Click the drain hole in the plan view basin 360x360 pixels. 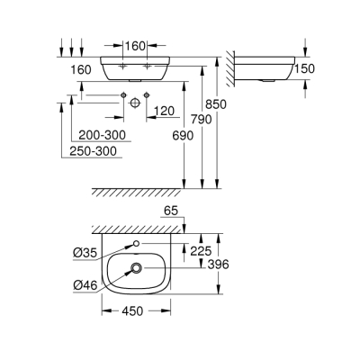click(x=135, y=267)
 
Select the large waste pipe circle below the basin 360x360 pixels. click(x=135, y=102)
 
